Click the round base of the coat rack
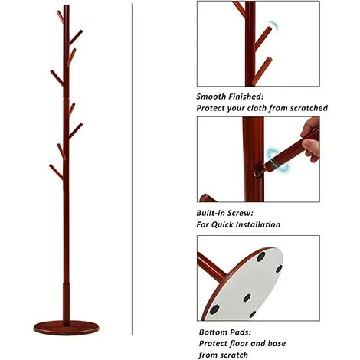point(66,328)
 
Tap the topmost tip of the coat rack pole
point(67,5)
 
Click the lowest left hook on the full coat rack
point(56,172)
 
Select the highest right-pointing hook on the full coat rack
point(76,38)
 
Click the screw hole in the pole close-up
point(257,174)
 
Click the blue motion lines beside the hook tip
point(273,25)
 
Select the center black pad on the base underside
point(247,298)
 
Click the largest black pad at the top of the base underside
point(261,257)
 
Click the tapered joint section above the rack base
point(66,303)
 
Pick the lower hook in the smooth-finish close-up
point(262,71)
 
